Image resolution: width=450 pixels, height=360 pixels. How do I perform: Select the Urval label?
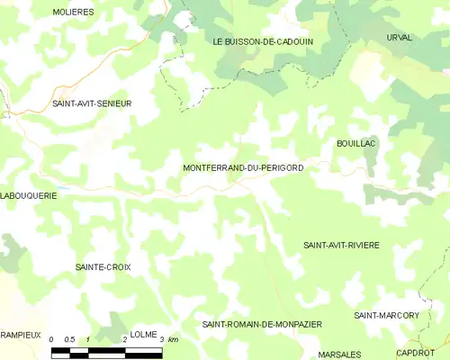coord(399,37)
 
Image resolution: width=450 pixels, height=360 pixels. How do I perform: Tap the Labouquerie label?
coord(30,194)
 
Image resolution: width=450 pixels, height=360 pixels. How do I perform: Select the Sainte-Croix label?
coord(103,267)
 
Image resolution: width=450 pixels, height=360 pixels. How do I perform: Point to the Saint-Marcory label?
coord(386,315)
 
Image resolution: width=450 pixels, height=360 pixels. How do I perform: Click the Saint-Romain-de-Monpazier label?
coord(262,323)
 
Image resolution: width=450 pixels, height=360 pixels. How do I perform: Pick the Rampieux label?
coord(21,334)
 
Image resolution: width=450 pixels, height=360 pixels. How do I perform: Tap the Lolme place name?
coord(144,334)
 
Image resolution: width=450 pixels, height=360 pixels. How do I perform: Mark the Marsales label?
coord(339,354)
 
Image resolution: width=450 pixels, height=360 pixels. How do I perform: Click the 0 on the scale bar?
coord(52,339)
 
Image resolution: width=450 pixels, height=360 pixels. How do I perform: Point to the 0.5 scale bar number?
coord(68,339)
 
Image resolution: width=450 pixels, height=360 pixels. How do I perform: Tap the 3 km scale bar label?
coord(168,339)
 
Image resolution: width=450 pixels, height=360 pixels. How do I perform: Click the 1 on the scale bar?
coord(87,339)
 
